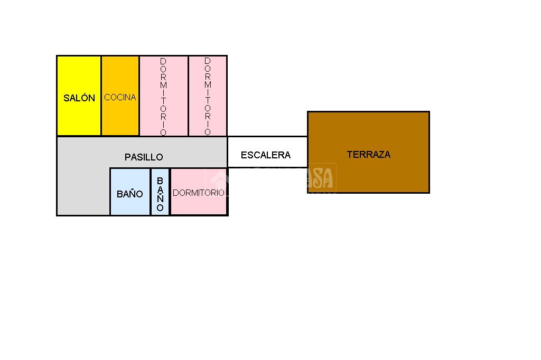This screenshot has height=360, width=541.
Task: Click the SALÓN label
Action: pos(79,98)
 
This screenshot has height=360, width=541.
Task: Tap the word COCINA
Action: pos(120,97)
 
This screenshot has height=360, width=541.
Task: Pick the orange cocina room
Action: pos(120,119)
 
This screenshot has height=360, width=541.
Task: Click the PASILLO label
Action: pos(144,157)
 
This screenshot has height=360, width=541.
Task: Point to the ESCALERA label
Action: pos(266,155)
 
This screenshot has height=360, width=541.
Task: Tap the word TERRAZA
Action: pos(369,154)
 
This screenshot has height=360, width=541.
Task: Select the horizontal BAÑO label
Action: pos(130,194)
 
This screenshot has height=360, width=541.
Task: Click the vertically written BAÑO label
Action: pos(160,194)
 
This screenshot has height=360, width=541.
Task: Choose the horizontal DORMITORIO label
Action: pos(199,193)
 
